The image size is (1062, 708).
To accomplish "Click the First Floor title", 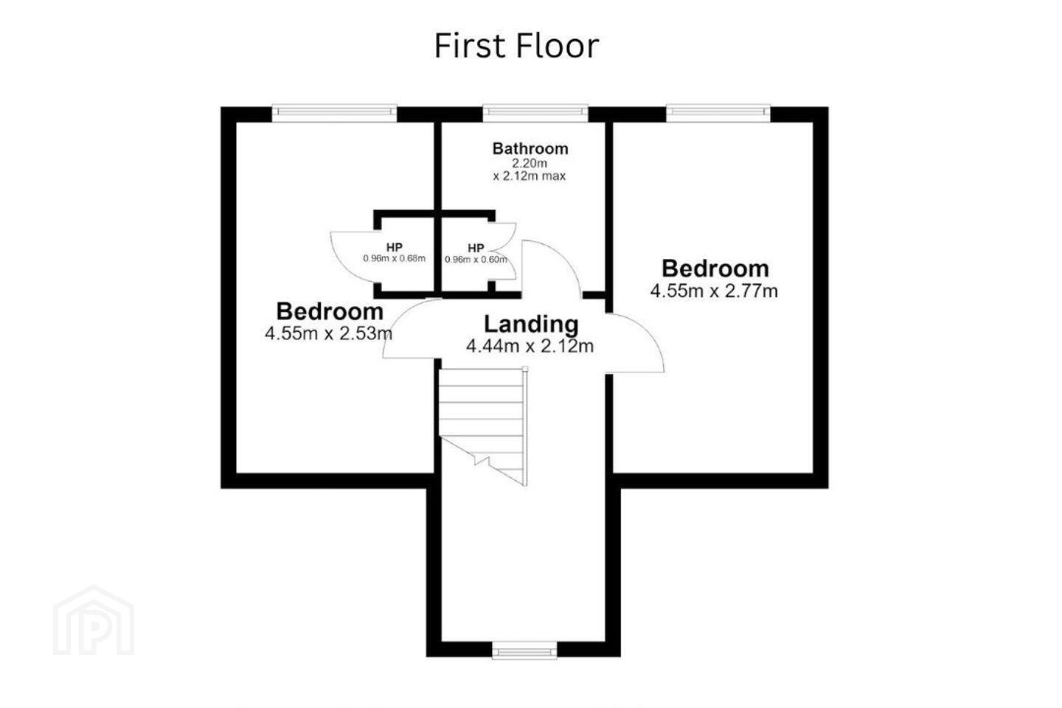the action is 517,46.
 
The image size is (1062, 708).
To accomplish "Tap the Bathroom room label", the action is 530,148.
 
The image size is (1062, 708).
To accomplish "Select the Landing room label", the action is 531,324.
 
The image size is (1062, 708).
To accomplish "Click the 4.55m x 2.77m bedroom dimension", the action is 714,291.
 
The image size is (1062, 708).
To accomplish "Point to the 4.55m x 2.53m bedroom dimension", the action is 329,333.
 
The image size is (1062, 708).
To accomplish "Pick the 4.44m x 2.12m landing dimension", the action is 530,346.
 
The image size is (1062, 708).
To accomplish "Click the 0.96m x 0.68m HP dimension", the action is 395,258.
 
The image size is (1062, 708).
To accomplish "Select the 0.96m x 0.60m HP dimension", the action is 476,260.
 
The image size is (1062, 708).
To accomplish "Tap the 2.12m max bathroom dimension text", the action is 530,176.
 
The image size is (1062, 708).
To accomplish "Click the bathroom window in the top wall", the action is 535,112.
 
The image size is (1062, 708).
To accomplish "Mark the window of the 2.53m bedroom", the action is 334,112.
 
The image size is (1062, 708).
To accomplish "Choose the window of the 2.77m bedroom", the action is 718,112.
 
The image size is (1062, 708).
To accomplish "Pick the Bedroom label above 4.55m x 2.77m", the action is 715,268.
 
